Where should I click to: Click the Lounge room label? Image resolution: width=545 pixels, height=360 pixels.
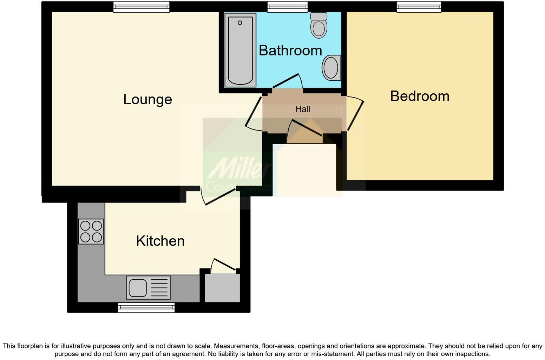[x=147, y=99]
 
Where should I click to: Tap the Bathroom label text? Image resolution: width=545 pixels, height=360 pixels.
[x=290, y=51]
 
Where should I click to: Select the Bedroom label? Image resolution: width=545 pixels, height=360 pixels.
[x=420, y=96]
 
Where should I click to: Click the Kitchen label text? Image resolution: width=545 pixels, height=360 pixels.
[x=160, y=241]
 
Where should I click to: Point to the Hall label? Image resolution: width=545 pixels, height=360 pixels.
[x=302, y=109]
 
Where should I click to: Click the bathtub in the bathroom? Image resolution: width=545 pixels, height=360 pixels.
[x=240, y=50]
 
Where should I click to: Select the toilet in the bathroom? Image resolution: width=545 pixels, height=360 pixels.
[x=319, y=25]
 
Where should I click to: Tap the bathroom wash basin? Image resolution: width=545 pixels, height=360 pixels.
[x=331, y=67]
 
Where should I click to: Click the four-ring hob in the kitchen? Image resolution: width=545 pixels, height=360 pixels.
[x=91, y=232]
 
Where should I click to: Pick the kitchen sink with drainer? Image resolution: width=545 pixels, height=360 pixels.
[x=148, y=287]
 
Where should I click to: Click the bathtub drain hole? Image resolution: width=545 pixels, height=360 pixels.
[x=240, y=23]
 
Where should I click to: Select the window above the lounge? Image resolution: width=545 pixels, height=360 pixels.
[x=141, y=7]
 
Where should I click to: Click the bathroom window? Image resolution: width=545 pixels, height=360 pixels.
[x=287, y=7]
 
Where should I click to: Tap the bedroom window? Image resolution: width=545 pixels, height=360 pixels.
[x=419, y=7]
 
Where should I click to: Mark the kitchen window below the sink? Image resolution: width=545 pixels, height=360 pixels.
[x=146, y=308]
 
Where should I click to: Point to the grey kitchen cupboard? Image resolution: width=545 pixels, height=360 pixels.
[x=222, y=288]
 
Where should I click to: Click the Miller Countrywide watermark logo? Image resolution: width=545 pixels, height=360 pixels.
[x=237, y=172]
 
